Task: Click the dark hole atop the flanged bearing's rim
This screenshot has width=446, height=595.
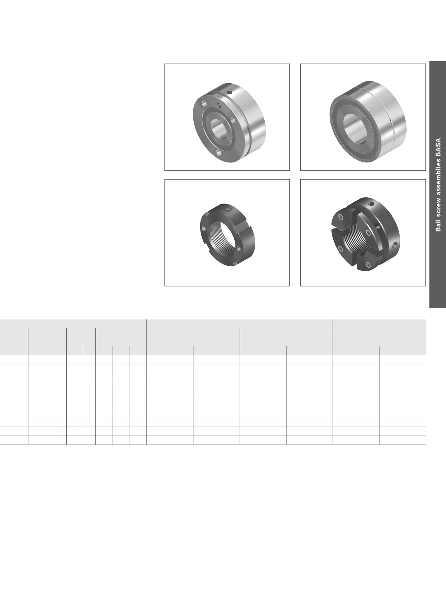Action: coord(230,93)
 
